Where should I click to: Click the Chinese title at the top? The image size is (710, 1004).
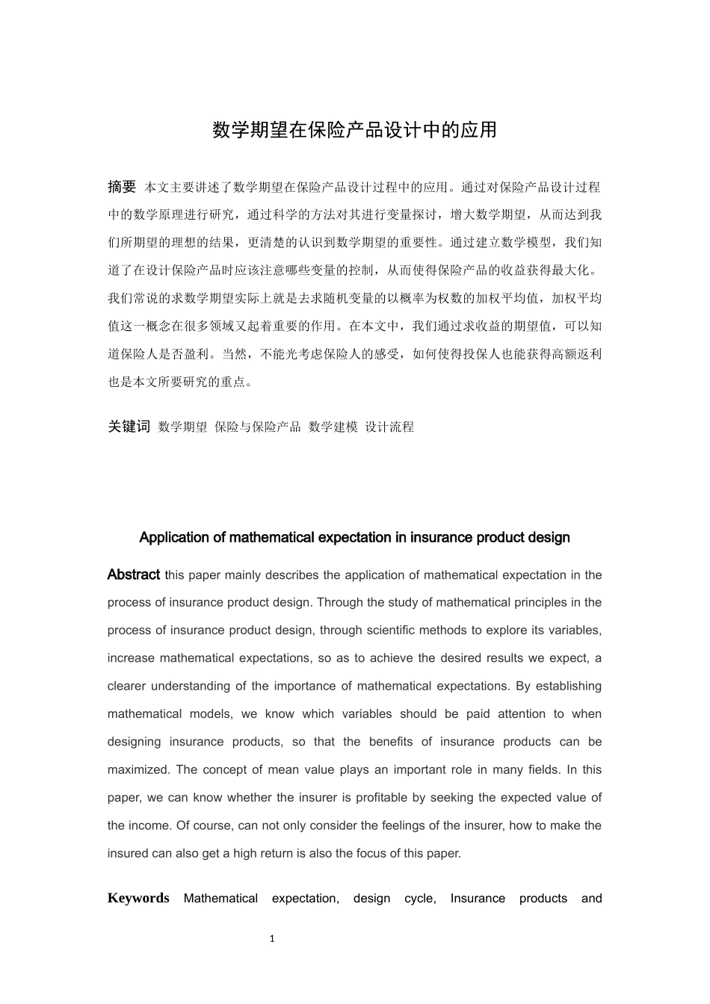click(x=354, y=130)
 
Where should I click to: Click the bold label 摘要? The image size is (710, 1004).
click(x=122, y=187)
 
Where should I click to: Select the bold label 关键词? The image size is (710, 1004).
click(x=129, y=427)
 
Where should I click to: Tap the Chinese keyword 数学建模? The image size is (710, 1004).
click(x=333, y=427)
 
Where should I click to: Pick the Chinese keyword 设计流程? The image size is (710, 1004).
click(x=389, y=427)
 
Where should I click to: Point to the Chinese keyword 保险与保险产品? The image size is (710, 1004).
click(x=257, y=427)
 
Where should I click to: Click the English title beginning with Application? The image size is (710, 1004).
click(x=354, y=537)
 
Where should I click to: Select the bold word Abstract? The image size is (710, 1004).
click(x=133, y=574)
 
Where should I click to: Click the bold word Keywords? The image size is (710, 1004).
click(x=138, y=898)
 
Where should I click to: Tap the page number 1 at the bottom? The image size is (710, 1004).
click(x=272, y=939)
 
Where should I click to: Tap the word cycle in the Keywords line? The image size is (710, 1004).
click(x=419, y=898)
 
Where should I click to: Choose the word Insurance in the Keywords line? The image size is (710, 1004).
click(x=478, y=898)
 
